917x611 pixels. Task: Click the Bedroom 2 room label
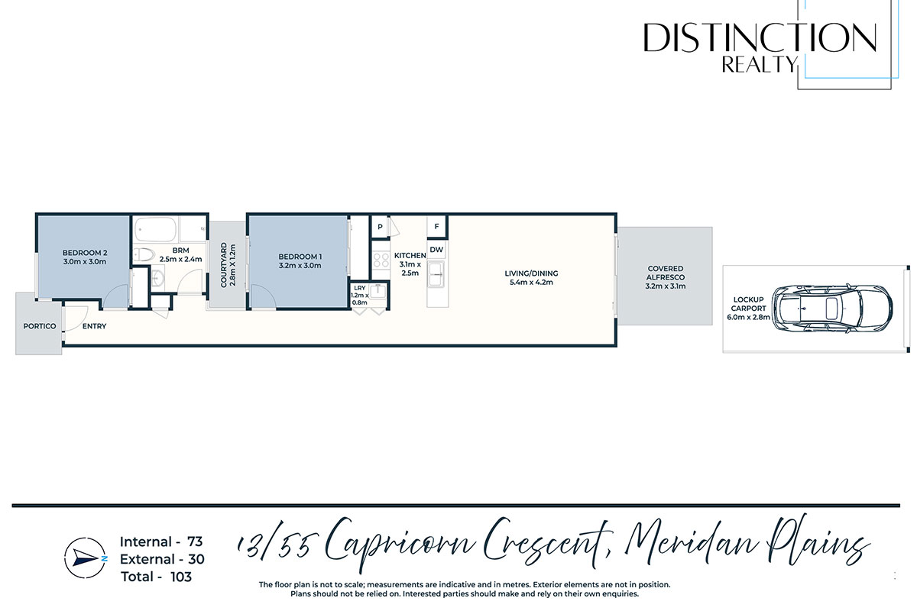(x=85, y=257)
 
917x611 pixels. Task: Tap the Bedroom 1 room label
(x=300, y=261)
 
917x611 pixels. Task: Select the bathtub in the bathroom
(x=156, y=230)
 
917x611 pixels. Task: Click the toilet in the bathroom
(x=144, y=254)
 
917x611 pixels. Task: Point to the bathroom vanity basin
(x=157, y=277)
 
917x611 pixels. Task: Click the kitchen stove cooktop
(x=381, y=260)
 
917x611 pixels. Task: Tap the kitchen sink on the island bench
(x=436, y=275)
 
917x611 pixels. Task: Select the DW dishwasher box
(x=437, y=250)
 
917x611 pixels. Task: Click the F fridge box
(x=437, y=226)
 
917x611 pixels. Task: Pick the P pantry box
(x=380, y=227)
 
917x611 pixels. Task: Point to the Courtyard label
(x=228, y=265)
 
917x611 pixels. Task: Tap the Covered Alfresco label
(x=666, y=277)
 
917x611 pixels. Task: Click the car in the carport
(x=831, y=309)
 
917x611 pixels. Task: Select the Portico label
(x=40, y=326)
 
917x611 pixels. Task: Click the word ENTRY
(x=95, y=326)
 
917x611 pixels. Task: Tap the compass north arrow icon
(x=85, y=558)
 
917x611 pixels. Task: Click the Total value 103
(x=181, y=577)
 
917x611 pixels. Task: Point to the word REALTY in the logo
(x=760, y=65)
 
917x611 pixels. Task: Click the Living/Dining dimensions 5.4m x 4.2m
(x=531, y=283)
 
